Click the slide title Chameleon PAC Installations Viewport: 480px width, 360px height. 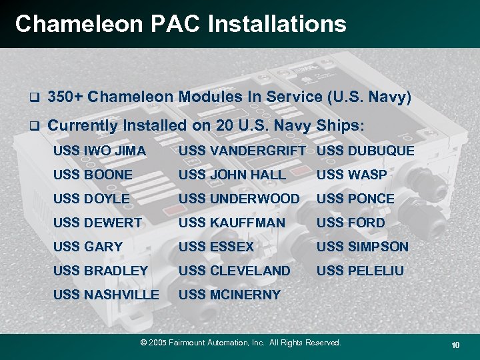click(x=181, y=24)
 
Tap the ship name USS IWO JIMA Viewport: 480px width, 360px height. click(x=99, y=151)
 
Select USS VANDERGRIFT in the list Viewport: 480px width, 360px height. click(x=242, y=151)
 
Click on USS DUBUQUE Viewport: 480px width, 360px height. click(x=365, y=151)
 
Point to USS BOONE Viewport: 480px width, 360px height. click(x=93, y=175)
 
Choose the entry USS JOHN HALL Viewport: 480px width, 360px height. click(x=232, y=175)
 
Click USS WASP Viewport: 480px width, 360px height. click(x=351, y=175)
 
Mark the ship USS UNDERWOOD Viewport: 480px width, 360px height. click(x=239, y=199)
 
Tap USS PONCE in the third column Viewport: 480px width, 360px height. click(x=355, y=199)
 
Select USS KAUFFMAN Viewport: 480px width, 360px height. click(x=232, y=223)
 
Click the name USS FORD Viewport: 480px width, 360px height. click(x=351, y=223)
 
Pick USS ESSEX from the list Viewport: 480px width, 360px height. click(x=217, y=247)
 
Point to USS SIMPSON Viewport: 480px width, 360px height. click(x=362, y=247)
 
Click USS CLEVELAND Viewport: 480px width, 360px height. click(x=235, y=271)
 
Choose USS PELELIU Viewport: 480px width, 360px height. click(x=360, y=271)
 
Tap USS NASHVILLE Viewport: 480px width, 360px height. click(x=106, y=295)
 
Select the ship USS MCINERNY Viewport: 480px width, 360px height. click(x=230, y=295)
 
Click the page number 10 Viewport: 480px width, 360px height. click(x=455, y=345)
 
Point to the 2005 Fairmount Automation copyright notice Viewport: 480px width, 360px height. click(x=240, y=343)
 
